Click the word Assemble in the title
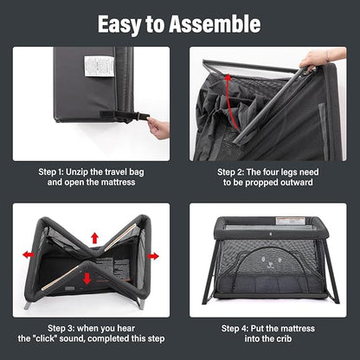[215, 24]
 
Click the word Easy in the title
[120, 25]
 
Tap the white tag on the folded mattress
[100, 67]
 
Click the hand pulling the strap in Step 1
[158, 129]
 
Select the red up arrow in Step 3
[94, 238]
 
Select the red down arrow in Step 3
[87, 279]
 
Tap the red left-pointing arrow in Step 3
[29, 254]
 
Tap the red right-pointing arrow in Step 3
[153, 256]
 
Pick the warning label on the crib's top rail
[290, 222]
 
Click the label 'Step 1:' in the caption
[51, 172]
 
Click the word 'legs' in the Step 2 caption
[286, 173]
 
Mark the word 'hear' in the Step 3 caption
[125, 329]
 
